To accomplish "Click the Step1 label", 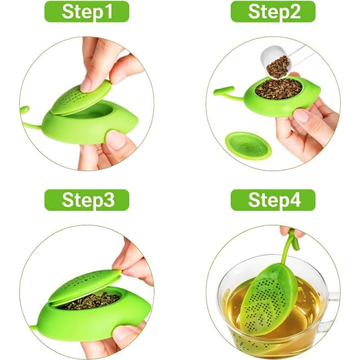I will [87, 12].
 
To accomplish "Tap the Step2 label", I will [273, 12].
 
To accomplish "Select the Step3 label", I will [87, 200].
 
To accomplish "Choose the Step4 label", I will [273, 200].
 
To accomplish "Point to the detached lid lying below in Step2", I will [248, 145].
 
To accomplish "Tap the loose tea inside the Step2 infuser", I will [278, 88].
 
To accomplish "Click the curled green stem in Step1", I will [27, 117].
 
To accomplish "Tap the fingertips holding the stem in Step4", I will [290, 231].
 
